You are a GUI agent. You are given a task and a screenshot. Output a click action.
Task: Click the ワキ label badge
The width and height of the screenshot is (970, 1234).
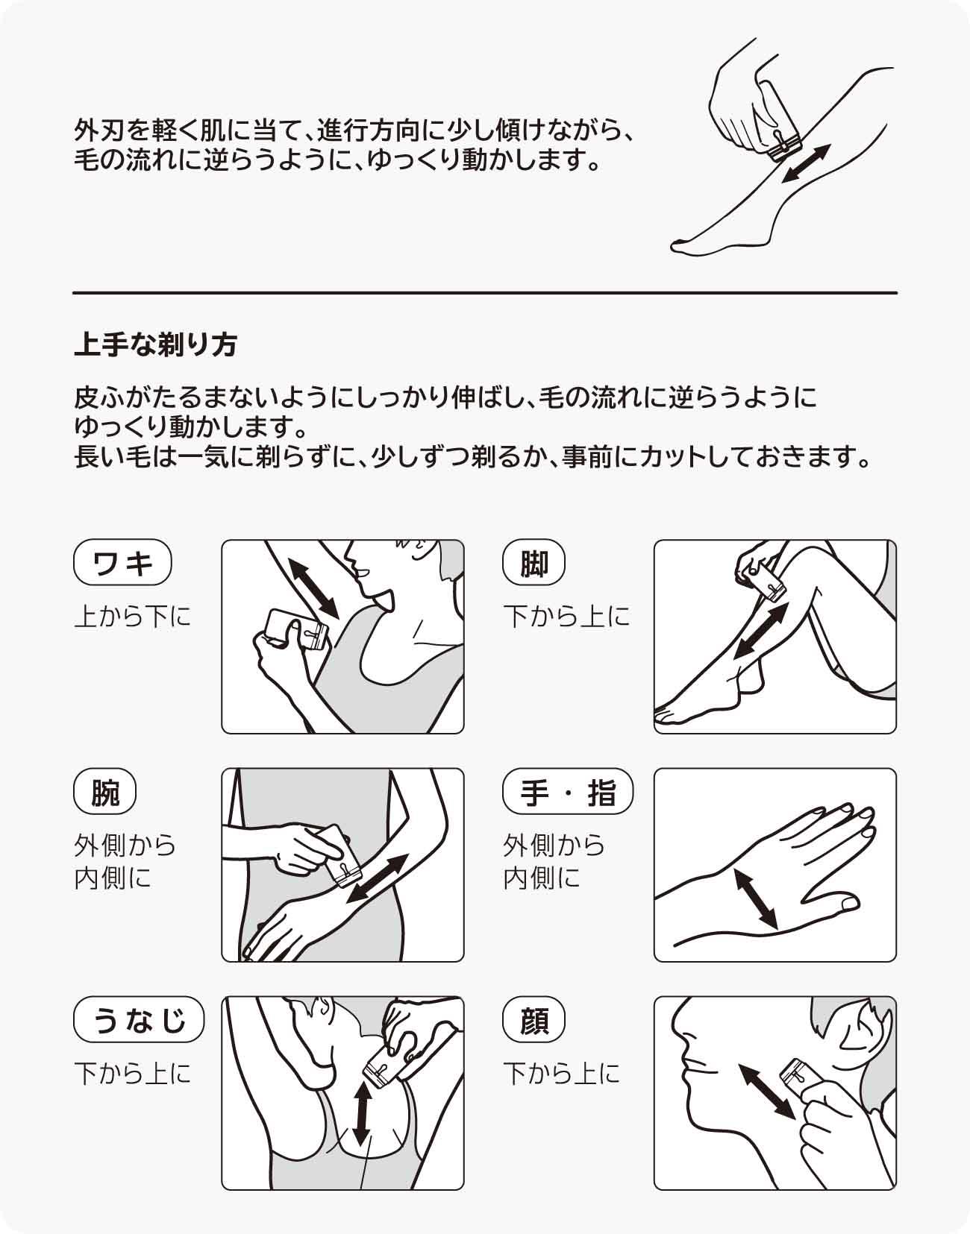click(122, 562)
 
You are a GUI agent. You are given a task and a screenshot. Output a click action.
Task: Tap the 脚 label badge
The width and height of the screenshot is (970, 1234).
click(534, 562)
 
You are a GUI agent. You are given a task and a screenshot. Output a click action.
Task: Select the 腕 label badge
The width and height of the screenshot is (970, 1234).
click(105, 791)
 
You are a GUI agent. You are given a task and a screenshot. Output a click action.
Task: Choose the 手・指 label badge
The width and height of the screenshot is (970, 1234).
click(568, 791)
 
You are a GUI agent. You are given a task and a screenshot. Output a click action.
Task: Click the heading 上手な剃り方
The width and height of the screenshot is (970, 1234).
click(155, 344)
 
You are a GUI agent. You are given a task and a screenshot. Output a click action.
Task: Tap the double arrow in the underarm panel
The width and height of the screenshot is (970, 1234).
click(313, 588)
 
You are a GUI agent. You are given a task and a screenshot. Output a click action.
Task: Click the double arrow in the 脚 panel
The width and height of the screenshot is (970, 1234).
click(761, 631)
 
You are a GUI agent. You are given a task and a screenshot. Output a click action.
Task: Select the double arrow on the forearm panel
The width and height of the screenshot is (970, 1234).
click(378, 878)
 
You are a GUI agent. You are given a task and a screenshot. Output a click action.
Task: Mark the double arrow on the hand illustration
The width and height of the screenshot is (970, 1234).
click(757, 899)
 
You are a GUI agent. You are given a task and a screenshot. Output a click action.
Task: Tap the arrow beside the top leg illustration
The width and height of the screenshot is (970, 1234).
click(806, 163)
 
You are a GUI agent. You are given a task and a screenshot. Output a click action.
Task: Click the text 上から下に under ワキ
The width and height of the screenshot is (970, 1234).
click(132, 617)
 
